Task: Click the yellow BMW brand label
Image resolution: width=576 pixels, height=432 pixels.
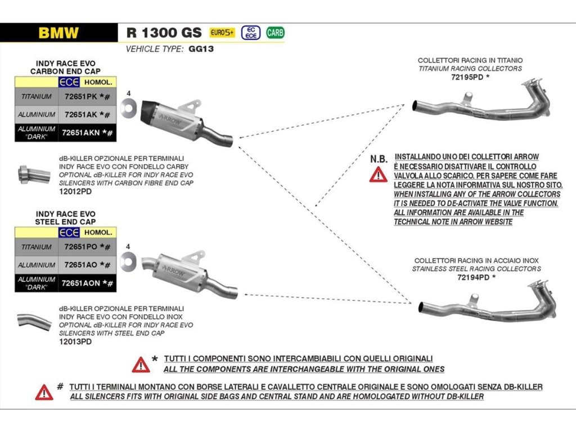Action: (58, 33)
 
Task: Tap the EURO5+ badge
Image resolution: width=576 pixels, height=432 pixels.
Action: (222, 33)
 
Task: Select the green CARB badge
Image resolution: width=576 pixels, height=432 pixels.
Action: (275, 33)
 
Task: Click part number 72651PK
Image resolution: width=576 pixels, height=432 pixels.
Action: (81, 96)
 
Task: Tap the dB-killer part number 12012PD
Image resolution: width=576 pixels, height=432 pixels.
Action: (75, 191)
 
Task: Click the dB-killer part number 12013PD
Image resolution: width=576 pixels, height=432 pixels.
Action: (75, 341)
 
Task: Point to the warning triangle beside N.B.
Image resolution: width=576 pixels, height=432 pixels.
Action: (378, 174)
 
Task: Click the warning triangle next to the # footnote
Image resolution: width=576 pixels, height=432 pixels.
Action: (44, 391)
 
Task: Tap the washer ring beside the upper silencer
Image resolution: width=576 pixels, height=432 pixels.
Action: (128, 107)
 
